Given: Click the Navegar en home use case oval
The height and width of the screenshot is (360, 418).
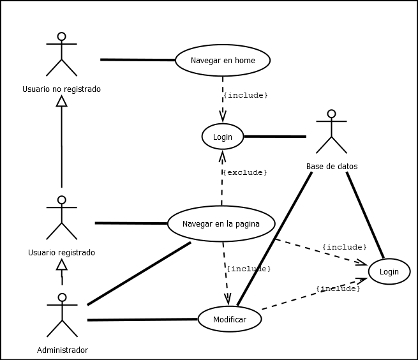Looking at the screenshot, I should (223, 61).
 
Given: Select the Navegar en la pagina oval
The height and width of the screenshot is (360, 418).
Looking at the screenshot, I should (221, 224).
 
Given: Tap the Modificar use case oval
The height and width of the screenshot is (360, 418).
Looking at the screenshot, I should (229, 319).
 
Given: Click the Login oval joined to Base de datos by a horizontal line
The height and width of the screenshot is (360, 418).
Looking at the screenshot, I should (223, 137).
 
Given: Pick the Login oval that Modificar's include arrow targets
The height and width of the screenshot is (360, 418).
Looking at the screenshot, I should (389, 272).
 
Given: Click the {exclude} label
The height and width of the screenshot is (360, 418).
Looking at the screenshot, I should (244, 172).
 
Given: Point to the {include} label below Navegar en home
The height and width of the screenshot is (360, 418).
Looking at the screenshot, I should (245, 95).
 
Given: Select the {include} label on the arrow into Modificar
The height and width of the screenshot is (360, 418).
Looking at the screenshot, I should (249, 269).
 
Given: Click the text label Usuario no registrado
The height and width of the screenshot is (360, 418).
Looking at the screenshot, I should (61, 89).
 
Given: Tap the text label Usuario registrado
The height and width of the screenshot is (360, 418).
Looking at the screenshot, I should (61, 252).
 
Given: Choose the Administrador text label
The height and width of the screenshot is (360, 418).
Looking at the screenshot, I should (62, 350).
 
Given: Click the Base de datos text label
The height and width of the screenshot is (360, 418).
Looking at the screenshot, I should (332, 167).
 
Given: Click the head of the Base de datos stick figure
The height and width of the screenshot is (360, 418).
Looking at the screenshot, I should (331, 114).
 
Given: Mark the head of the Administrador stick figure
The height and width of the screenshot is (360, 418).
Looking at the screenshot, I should (62, 297).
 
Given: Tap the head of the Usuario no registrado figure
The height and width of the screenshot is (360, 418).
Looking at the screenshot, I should (61, 36).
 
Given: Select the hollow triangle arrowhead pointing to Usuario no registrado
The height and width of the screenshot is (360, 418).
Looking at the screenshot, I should (61, 101).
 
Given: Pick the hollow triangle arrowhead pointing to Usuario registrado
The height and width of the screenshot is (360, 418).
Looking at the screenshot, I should (61, 264).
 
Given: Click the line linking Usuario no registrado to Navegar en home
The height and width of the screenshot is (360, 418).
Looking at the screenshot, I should (137, 60).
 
